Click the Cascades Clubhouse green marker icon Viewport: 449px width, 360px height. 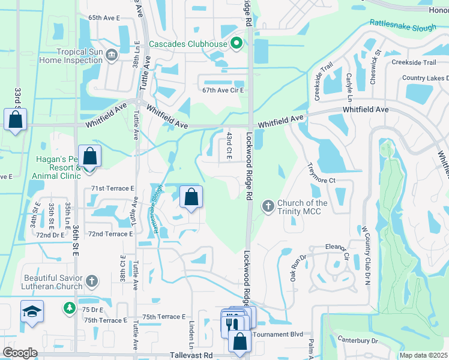click(x=237, y=43)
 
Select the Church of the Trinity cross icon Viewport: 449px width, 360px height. click(x=268, y=206)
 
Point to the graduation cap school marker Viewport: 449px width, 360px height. click(x=32, y=312)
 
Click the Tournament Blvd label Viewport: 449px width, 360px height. click(x=279, y=334)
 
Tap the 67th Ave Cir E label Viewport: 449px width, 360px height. click(x=224, y=90)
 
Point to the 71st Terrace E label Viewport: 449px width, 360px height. click(x=112, y=188)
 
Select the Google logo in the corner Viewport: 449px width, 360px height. click(x=20, y=353)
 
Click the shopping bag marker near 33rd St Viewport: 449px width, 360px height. click(x=15, y=119)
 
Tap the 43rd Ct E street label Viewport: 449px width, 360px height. click(x=229, y=146)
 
